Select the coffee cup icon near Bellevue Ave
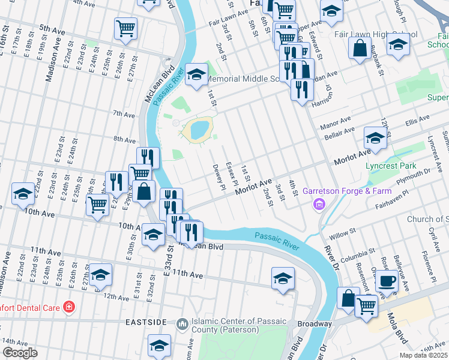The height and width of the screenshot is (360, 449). [386, 280]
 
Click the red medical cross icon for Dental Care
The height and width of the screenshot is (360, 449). [69, 307]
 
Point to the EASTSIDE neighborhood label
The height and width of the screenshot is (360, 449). [146, 322]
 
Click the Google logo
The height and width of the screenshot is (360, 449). [20, 352]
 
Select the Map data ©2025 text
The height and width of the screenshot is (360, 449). [424, 355]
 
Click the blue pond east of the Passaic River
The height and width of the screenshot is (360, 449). [199, 129]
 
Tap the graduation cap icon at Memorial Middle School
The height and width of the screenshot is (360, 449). [195, 75]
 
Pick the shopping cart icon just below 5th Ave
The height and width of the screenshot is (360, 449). [125, 28]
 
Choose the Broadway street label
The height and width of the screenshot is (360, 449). [315, 324]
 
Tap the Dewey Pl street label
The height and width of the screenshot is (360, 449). [218, 178]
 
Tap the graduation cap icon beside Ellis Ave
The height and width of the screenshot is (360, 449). [375, 139]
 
